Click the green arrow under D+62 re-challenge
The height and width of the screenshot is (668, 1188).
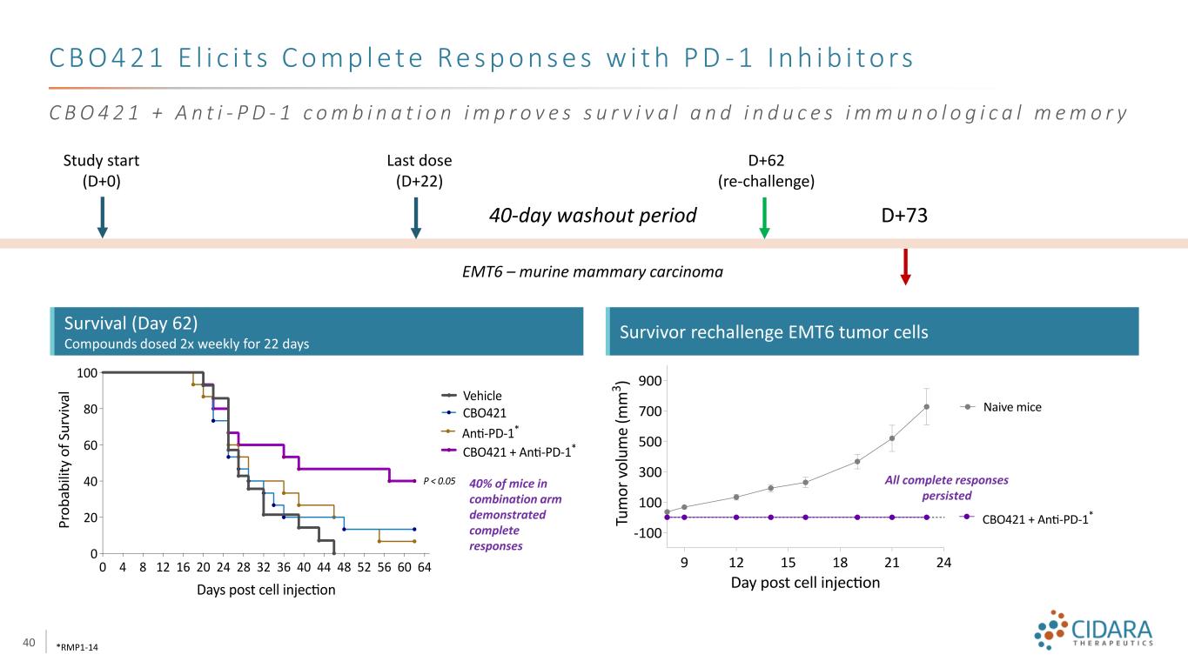click(764, 217)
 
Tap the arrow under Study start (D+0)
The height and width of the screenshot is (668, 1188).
click(102, 217)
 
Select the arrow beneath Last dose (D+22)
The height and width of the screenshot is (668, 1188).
click(416, 217)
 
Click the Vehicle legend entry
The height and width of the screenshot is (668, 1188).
click(483, 396)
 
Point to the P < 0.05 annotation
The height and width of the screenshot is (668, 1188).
click(439, 480)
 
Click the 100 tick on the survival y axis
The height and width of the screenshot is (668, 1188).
click(85, 372)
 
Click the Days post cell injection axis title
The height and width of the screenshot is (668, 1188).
click(265, 591)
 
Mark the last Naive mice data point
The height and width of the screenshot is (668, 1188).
click(927, 406)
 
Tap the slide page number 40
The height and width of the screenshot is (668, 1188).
click(29, 643)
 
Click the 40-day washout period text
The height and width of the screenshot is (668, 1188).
click(593, 216)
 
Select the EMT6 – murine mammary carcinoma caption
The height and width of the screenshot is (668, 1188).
click(592, 272)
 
